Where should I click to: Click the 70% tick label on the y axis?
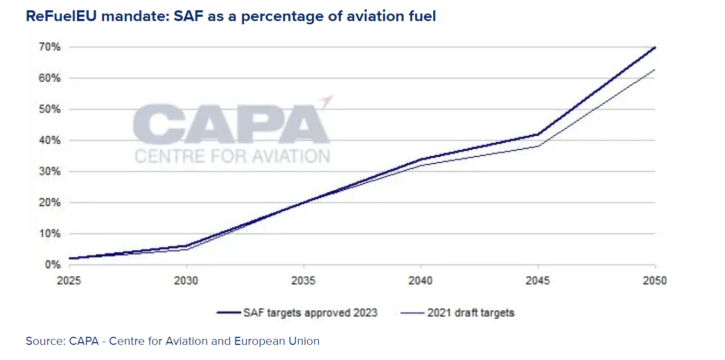click(x=49, y=47)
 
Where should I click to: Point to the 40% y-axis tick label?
click(x=49, y=141)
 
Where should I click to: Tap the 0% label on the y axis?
click(x=52, y=265)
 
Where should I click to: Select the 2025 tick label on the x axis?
click(x=70, y=281)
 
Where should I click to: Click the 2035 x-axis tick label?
click(x=304, y=281)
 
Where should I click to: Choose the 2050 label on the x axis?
click(x=655, y=281)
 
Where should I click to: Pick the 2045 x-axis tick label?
click(x=538, y=281)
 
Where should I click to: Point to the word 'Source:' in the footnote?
click(x=45, y=341)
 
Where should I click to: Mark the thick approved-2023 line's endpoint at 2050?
click(x=655, y=48)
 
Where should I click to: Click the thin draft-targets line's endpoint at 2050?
click(x=655, y=70)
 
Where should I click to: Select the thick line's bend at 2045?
click(x=538, y=134)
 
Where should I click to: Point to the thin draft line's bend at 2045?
click(x=538, y=146)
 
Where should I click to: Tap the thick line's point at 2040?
click(x=421, y=159)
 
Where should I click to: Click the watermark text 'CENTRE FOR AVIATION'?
click(x=232, y=156)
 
